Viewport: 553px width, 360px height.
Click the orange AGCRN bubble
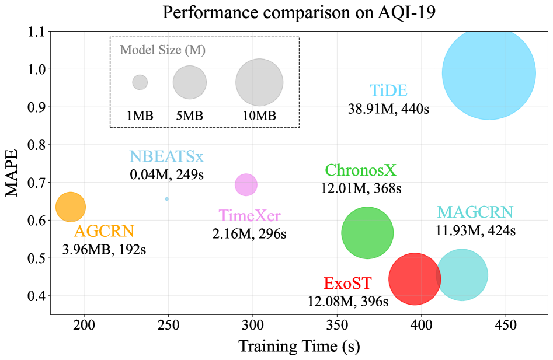point(70,207)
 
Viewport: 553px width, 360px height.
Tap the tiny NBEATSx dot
point(167,199)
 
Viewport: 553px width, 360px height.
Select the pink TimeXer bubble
point(246,185)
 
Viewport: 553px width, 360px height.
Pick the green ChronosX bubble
point(367,232)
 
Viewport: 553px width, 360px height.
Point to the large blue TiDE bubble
point(489,73)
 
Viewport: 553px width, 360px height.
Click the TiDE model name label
point(388,91)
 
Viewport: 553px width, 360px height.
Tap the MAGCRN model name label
point(475,212)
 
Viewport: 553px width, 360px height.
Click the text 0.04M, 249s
point(167,174)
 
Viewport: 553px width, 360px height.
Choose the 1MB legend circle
point(140,82)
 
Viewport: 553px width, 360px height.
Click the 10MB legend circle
point(259,82)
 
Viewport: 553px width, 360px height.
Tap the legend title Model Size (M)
point(162,50)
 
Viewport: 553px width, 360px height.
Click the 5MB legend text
point(190,115)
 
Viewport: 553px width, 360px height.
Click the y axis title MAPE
point(13,173)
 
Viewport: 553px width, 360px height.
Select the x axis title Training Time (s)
point(298,346)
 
